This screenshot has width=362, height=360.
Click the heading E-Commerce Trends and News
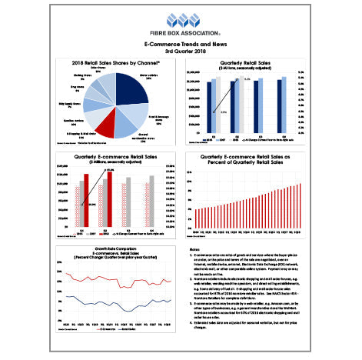tap(181, 44)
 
